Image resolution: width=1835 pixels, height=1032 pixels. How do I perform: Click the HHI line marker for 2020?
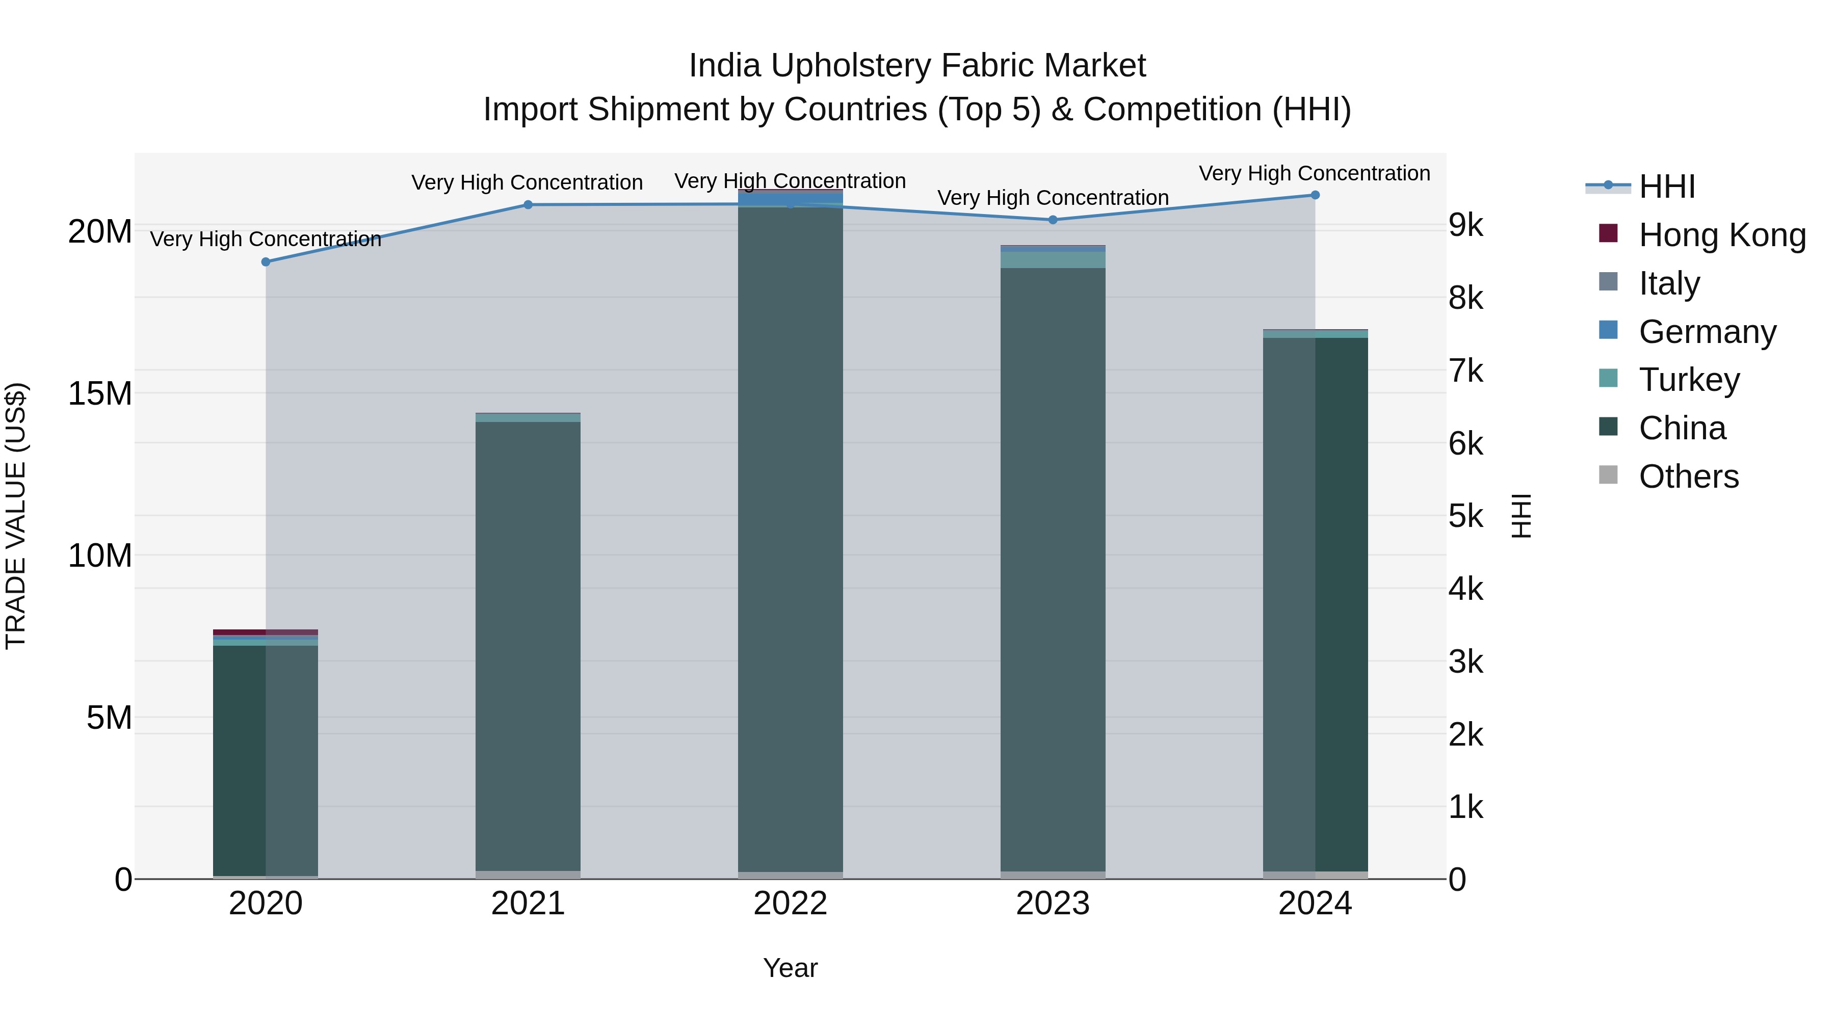266,262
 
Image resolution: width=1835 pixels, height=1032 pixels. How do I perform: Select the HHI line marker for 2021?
528,205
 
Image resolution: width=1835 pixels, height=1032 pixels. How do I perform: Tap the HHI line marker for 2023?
1053,220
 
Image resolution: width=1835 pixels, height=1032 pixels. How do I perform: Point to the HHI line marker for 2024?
1315,195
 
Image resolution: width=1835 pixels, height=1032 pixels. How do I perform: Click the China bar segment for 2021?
528,641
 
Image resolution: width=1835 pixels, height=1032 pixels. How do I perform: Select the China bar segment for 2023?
1053,570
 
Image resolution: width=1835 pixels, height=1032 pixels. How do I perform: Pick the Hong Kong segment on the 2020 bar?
265,632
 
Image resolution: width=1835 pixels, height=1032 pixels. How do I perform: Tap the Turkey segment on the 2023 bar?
1053,260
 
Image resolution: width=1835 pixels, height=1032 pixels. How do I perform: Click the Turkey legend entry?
1688,380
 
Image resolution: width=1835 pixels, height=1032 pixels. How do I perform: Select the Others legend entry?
1688,477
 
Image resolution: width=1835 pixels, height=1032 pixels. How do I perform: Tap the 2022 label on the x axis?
790,904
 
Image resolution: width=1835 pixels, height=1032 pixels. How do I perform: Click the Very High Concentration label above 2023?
1053,198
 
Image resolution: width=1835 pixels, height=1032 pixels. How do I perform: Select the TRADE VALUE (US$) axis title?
16,516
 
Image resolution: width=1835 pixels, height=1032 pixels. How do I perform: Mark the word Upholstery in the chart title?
851,66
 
